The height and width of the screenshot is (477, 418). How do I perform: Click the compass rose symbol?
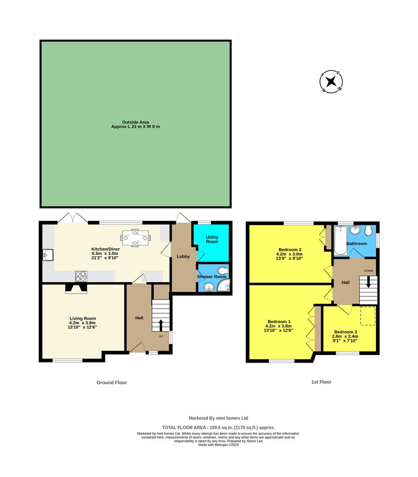[331, 82]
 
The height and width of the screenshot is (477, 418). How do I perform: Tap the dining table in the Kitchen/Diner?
[136, 238]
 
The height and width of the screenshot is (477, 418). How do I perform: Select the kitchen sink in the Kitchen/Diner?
[48, 255]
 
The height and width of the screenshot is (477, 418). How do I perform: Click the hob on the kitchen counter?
[81, 276]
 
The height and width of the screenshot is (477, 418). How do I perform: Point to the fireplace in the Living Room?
[76, 288]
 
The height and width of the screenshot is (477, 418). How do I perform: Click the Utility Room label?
[212, 239]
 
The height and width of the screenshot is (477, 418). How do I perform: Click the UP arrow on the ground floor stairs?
[160, 325]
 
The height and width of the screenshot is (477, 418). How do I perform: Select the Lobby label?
[183, 257]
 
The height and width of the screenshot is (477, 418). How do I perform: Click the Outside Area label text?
[136, 124]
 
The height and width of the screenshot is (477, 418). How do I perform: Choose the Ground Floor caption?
[112, 382]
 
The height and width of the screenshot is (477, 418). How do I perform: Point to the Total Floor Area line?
[218, 427]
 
